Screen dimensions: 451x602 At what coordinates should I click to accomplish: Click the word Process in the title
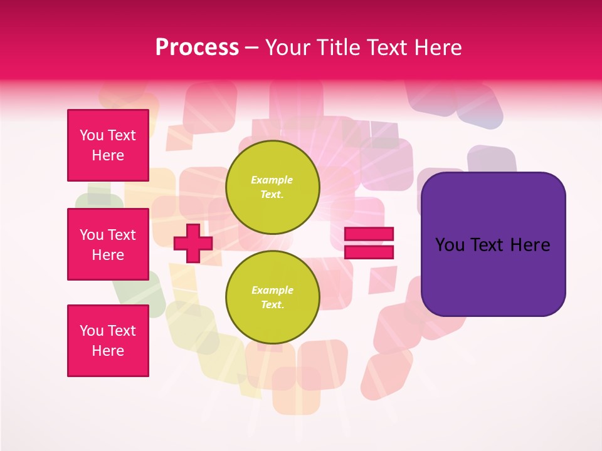coord(197,48)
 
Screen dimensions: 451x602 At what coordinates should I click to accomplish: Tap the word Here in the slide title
coord(437,48)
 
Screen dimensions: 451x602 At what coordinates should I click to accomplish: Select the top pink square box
coord(108,145)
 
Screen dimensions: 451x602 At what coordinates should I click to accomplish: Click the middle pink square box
coord(108,244)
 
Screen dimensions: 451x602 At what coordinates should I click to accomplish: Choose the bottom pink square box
coord(108,341)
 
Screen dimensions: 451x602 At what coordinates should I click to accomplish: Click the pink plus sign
coord(193,243)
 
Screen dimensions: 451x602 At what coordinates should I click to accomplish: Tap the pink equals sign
coord(369,243)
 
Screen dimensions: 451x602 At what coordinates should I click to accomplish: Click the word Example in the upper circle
coord(272,180)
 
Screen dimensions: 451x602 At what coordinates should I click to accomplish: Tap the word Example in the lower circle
coord(272,290)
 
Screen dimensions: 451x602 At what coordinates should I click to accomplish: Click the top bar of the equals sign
coord(369,234)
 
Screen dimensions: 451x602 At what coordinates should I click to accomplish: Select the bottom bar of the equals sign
coord(369,252)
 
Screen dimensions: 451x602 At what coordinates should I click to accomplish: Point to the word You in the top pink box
coord(92,135)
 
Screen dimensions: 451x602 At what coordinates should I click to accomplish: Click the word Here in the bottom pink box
coord(108,351)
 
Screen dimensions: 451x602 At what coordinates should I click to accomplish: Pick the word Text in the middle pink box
coord(121,235)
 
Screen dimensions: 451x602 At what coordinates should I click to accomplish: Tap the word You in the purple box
coord(449,245)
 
